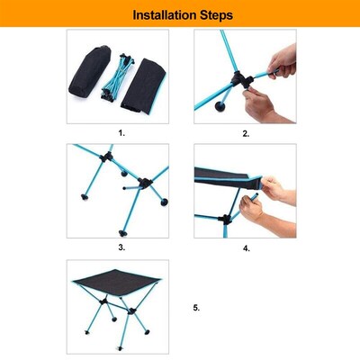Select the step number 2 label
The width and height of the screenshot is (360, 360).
tap(245, 133)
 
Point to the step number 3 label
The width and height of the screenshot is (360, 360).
tap(121, 246)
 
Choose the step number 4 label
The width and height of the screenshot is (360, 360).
tap(246, 247)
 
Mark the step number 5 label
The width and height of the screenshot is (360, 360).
tap(196, 307)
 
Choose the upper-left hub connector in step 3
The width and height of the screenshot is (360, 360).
tap(104, 161)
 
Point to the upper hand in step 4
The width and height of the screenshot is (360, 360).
tap(275, 191)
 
